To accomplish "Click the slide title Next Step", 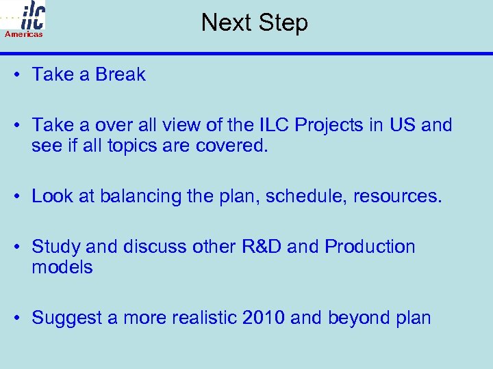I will (255, 23).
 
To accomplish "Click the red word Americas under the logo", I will (24, 34).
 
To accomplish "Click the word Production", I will (370, 247).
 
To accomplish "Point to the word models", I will (62, 267).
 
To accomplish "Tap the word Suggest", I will (64, 318).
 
